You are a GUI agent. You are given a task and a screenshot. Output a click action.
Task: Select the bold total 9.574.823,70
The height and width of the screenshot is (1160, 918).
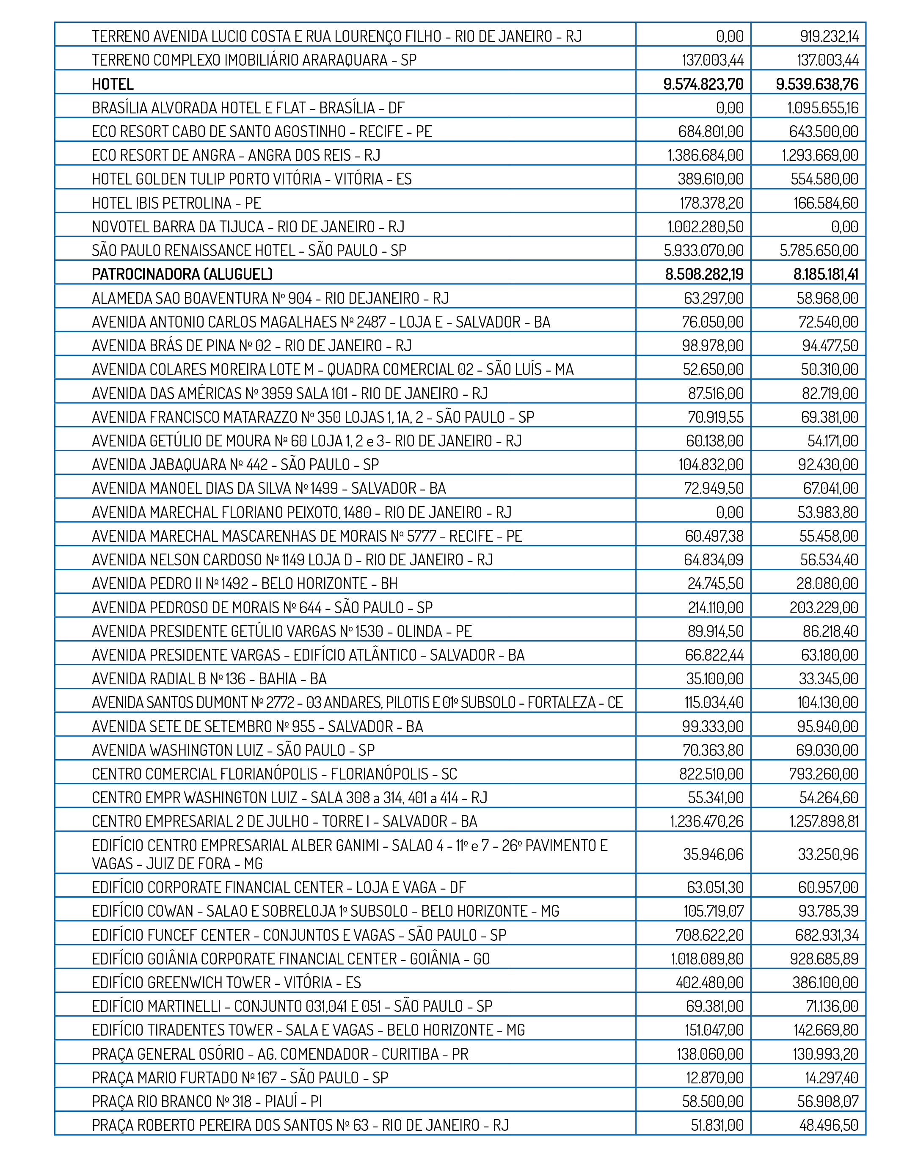[703, 84]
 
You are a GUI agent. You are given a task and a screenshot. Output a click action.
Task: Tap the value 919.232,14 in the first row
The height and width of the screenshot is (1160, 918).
[829, 36]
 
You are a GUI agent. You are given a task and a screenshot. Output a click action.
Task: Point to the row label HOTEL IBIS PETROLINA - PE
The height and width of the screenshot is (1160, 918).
[176, 203]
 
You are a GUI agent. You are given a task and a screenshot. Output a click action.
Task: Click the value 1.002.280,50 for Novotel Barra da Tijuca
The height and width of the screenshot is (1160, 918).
[705, 227]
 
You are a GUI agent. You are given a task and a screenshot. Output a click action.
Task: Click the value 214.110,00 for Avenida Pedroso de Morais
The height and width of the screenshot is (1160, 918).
[715, 607]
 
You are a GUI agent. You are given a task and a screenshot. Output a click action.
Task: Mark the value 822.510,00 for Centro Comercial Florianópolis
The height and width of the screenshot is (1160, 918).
[711, 774]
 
